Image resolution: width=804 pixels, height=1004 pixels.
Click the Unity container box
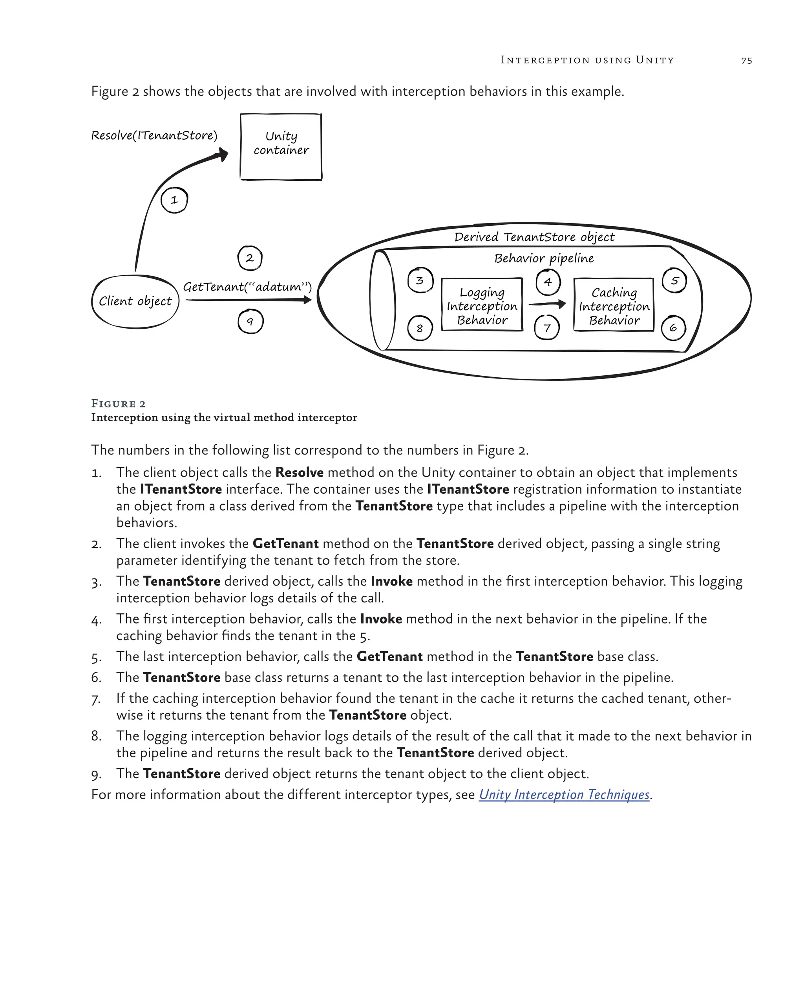coord(281,147)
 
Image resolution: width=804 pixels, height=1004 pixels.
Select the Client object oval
coord(135,301)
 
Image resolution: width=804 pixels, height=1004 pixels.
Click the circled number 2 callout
coord(250,258)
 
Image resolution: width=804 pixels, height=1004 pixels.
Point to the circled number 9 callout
coord(250,321)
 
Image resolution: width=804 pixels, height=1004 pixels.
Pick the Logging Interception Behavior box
coord(482,306)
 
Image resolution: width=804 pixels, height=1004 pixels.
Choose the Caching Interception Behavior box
coord(614,306)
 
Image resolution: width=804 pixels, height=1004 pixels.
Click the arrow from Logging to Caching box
coord(548,304)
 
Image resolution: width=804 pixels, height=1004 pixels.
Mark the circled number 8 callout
coord(420,328)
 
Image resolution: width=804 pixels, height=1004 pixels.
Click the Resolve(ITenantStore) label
coord(154,136)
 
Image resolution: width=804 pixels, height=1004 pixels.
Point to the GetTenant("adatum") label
coord(247,286)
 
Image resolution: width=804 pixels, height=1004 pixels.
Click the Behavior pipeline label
coord(544,258)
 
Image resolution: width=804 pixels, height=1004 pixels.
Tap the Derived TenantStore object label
coord(534,237)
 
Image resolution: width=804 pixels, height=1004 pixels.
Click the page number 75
coord(746,60)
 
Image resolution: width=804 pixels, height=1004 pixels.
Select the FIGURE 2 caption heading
coord(119,403)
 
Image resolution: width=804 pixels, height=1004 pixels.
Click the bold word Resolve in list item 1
coord(299,472)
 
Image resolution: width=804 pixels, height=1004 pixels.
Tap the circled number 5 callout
coord(674,281)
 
